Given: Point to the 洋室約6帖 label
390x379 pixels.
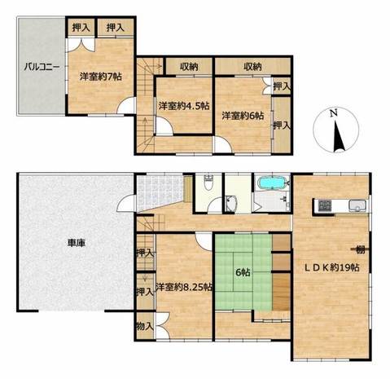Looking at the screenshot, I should click(243, 116).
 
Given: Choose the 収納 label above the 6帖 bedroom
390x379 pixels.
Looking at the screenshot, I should click(252, 66).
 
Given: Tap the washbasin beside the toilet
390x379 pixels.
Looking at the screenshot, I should click(231, 204).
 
